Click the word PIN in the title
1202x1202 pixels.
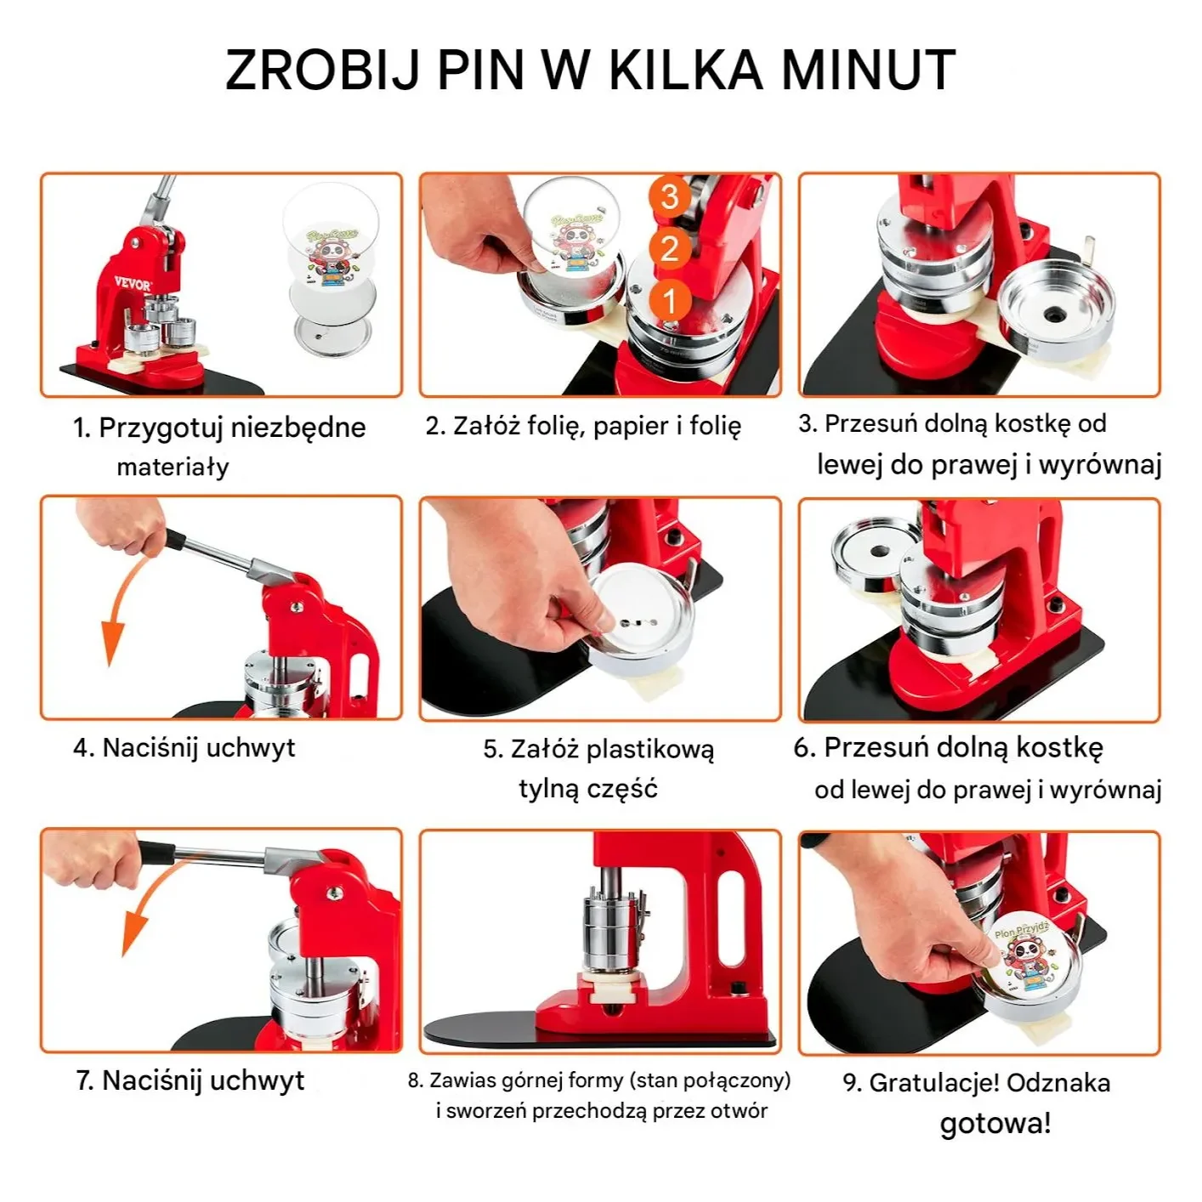pos(481,69)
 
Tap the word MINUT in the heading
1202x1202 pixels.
pos(869,69)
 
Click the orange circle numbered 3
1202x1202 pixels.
pos(669,196)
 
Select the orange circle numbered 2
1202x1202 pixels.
pos(669,249)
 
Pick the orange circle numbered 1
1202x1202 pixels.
pos(669,301)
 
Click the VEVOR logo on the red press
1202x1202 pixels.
pos(133,285)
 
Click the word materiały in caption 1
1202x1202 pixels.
pos(173,468)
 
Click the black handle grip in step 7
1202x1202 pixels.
pos(156,852)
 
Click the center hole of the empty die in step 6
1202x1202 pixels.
pos(880,552)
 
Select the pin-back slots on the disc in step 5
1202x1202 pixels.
pos(638,623)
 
